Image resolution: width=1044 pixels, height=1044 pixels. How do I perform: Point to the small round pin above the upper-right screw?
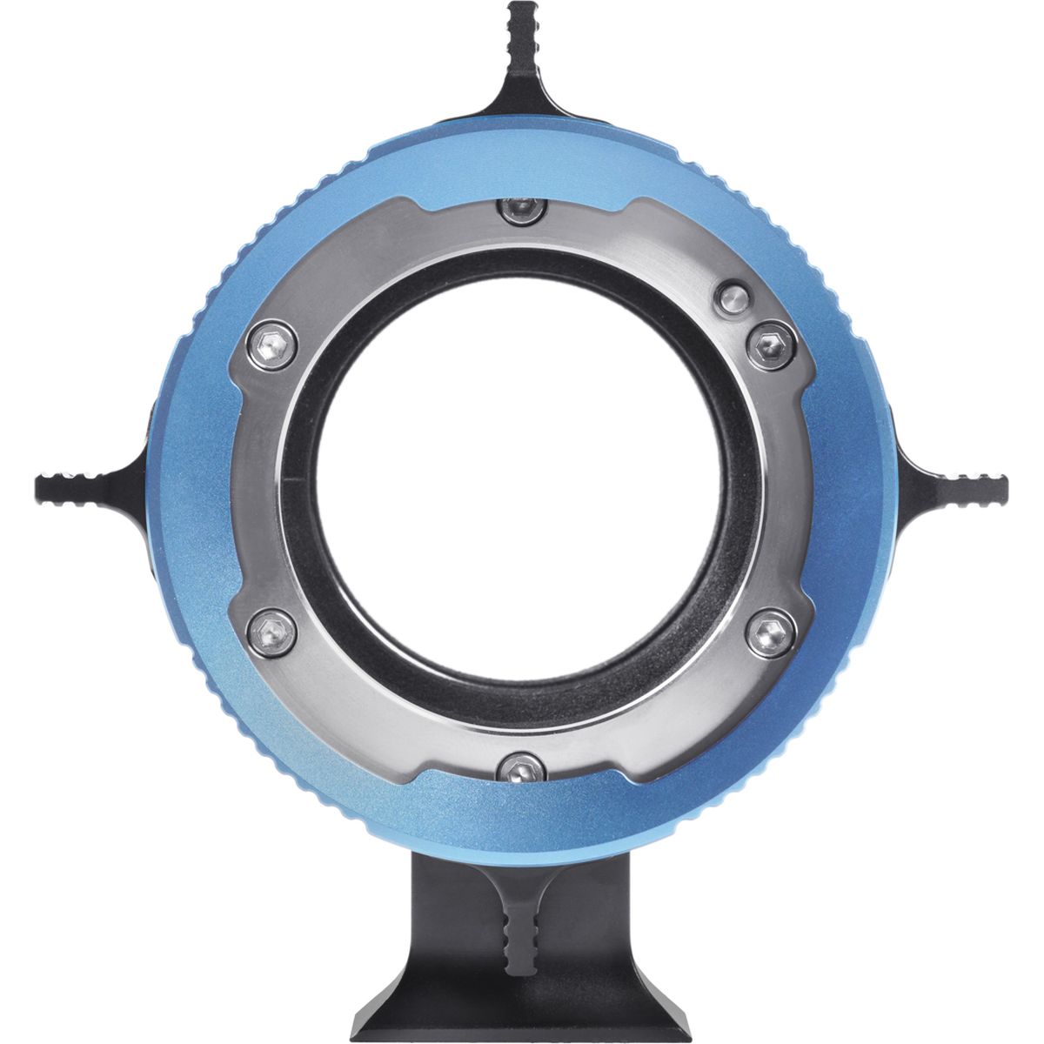[733, 298]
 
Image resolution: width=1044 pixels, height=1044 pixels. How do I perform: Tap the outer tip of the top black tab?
[519, 7]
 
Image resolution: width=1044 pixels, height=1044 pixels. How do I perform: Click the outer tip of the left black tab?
[38, 482]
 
